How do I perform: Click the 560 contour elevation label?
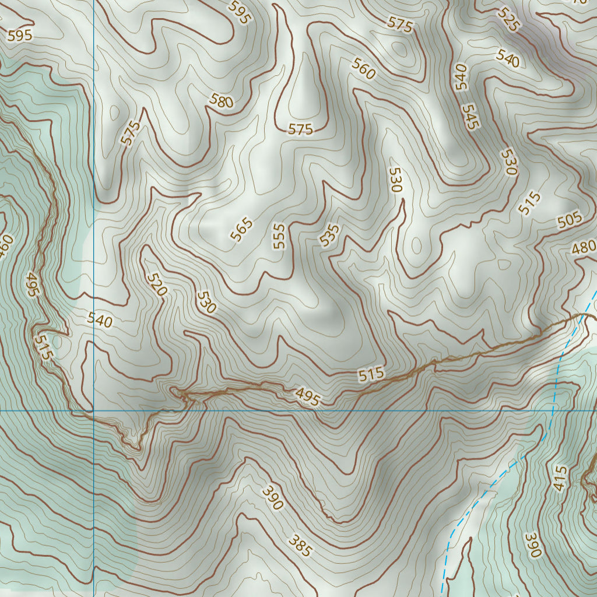(x=363, y=69)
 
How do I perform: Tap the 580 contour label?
(x=221, y=101)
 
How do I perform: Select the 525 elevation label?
(x=508, y=19)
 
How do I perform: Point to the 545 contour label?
(x=470, y=117)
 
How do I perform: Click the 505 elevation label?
(x=569, y=220)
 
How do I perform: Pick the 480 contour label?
(x=583, y=247)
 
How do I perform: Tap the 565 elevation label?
(x=241, y=229)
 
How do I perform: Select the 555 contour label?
(x=280, y=236)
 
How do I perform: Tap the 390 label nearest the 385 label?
(x=272, y=497)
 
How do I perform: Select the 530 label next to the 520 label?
(x=206, y=302)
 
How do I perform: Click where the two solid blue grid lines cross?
(x=94, y=410)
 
